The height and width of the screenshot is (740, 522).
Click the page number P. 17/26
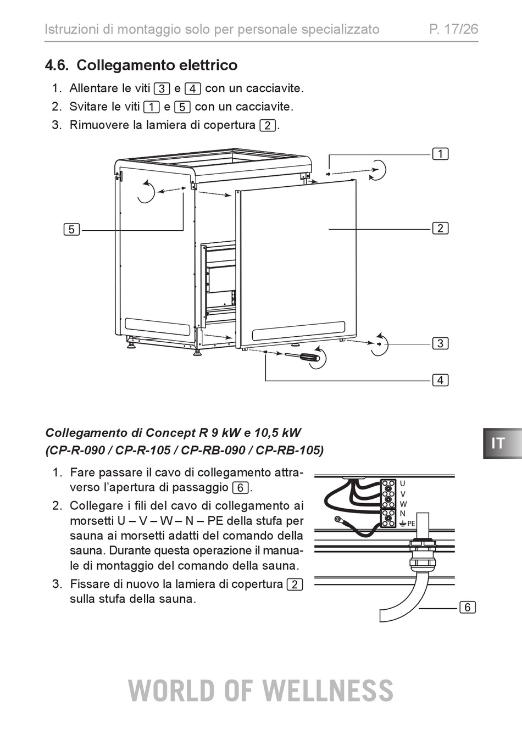click(453, 29)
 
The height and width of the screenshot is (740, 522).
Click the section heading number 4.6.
click(57, 65)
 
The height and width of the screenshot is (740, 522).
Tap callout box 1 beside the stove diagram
click(440, 154)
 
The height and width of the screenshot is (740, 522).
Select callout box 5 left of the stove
click(71, 229)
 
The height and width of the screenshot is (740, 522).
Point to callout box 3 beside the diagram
click(440, 343)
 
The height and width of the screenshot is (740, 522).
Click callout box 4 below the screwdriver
click(440, 380)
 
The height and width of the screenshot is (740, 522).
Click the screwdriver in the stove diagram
click(302, 357)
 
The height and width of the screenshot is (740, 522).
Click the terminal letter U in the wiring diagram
click(402, 483)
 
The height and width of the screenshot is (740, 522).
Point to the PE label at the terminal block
click(411, 524)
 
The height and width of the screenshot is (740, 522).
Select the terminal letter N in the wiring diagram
click(402, 514)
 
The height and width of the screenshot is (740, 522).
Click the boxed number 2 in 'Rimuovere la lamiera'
click(268, 126)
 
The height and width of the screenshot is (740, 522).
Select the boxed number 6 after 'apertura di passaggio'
click(240, 488)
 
